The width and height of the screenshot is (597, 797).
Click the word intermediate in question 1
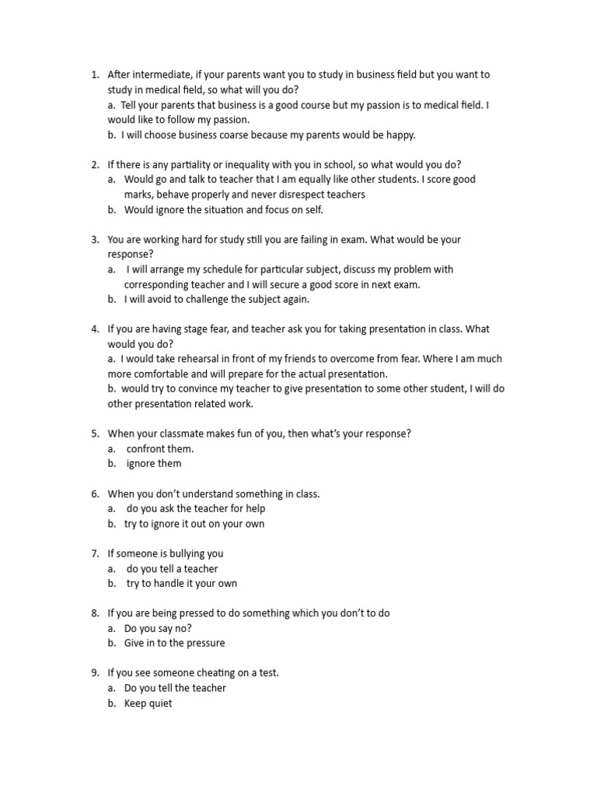coord(162,75)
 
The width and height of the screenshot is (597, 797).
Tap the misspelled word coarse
coord(235,135)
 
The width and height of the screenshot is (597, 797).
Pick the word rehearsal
coord(204,359)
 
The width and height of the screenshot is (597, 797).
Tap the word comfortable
coord(169,374)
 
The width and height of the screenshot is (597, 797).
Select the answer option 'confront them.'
coord(160,448)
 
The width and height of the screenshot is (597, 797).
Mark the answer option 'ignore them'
coord(154,464)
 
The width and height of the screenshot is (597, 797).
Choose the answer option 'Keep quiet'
coord(148,704)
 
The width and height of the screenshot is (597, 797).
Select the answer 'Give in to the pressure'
coord(174,643)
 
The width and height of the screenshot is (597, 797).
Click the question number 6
coord(95,493)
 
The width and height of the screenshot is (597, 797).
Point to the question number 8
coord(95,613)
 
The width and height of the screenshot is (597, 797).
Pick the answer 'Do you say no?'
coord(158,628)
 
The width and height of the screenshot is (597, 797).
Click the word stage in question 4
coord(196,329)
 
